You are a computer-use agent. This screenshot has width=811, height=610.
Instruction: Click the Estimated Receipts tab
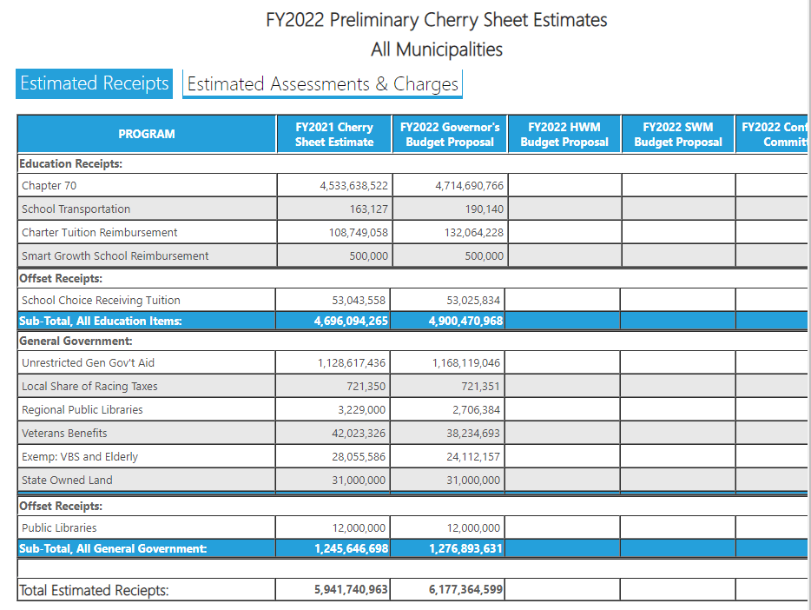(x=94, y=83)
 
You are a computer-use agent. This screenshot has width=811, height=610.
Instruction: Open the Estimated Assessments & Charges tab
(x=322, y=84)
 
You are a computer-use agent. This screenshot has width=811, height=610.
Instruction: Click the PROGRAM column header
(x=147, y=134)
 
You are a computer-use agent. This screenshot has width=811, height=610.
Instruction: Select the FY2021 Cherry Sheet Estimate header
(x=334, y=134)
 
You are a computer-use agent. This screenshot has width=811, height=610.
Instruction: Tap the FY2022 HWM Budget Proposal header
(x=564, y=134)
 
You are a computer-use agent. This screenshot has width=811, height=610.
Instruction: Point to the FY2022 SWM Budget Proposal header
(x=678, y=134)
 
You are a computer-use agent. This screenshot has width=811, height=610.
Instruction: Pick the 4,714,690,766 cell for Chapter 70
(x=469, y=185)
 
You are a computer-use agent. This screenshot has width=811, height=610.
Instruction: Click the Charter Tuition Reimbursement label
(x=100, y=232)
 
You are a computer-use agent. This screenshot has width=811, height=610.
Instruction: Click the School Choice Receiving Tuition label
(x=101, y=300)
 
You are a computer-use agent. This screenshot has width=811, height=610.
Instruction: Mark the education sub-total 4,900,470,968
(x=466, y=321)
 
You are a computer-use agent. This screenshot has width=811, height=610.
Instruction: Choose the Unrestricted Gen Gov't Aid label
(x=88, y=362)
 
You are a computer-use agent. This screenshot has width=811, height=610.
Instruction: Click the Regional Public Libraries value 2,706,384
(x=476, y=409)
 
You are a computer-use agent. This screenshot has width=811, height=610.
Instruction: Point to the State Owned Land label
(x=67, y=480)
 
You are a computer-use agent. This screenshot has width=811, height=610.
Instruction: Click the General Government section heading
(x=76, y=341)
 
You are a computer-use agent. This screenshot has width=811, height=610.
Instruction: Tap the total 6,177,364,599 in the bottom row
(x=466, y=590)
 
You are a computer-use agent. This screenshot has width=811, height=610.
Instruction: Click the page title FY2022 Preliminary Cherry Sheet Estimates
(x=436, y=20)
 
